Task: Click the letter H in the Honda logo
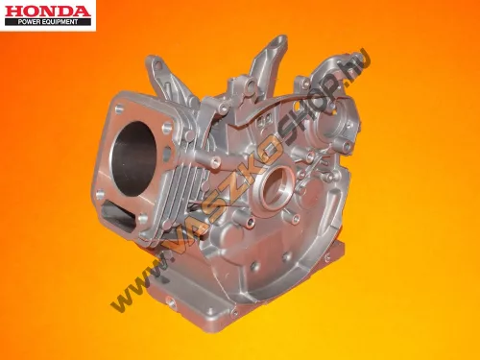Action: point(13,12)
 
